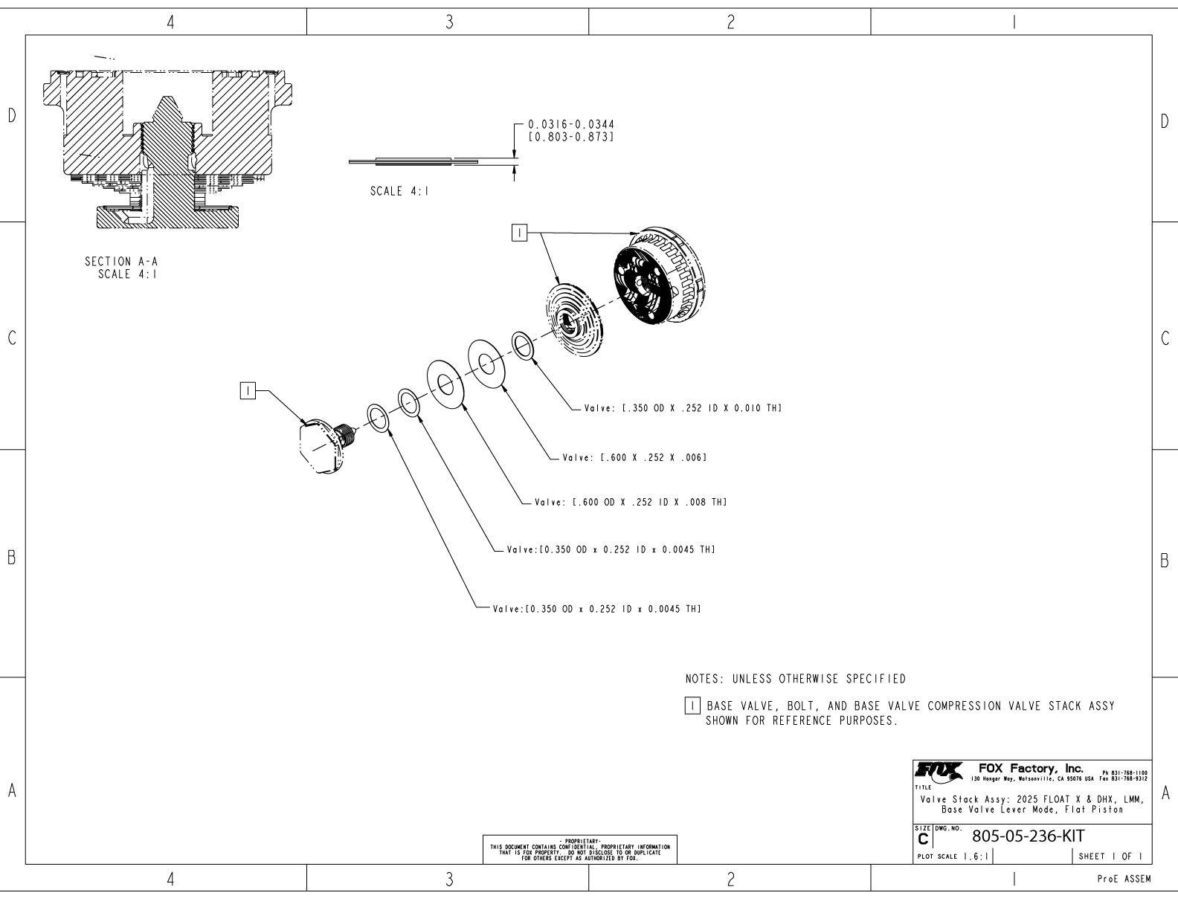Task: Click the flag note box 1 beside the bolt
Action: [248, 390]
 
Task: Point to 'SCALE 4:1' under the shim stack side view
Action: [399, 191]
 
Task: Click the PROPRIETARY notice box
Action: [580, 849]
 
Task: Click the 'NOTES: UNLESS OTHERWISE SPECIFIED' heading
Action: [795, 679]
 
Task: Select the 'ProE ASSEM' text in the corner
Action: [1124, 880]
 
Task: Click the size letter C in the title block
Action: [923, 839]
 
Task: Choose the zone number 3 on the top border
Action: [448, 23]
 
